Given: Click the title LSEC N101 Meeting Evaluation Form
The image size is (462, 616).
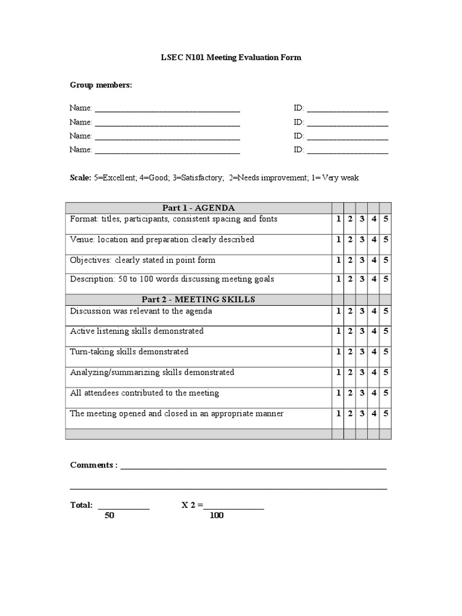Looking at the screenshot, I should click(x=230, y=58).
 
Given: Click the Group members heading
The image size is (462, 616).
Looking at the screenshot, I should click(x=100, y=85).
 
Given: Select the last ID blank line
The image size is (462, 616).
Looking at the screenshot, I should click(x=347, y=150).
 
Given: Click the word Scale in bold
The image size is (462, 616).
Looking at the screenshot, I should click(x=81, y=178).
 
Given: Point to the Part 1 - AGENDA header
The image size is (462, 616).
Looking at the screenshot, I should click(x=198, y=208).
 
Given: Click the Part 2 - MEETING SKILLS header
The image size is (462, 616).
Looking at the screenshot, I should click(x=198, y=300).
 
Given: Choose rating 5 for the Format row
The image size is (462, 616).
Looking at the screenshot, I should click(x=386, y=220).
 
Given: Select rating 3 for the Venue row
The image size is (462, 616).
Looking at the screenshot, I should click(x=362, y=240).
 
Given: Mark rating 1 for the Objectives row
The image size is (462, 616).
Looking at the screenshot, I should click(x=337, y=260).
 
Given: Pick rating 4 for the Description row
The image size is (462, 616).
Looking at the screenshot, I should click(x=374, y=280).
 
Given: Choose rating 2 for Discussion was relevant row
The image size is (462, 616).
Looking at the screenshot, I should click(x=350, y=312).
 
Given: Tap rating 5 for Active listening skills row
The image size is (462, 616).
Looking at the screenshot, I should click(x=386, y=331).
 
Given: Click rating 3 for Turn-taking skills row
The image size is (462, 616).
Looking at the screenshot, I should click(x=362, y=352).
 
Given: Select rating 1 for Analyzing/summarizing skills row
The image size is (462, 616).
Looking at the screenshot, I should click(x=337, y=373).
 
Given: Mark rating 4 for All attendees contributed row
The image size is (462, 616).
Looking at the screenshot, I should click(x=374, y=393).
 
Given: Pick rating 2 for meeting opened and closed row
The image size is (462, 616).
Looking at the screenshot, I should click(x=350, y=414).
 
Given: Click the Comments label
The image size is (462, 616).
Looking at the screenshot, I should click(x=94, y=466).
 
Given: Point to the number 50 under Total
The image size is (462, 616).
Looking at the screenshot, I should click(x=109, y=516).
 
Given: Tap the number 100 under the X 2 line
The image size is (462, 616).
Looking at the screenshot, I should click(x=217, y=516).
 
